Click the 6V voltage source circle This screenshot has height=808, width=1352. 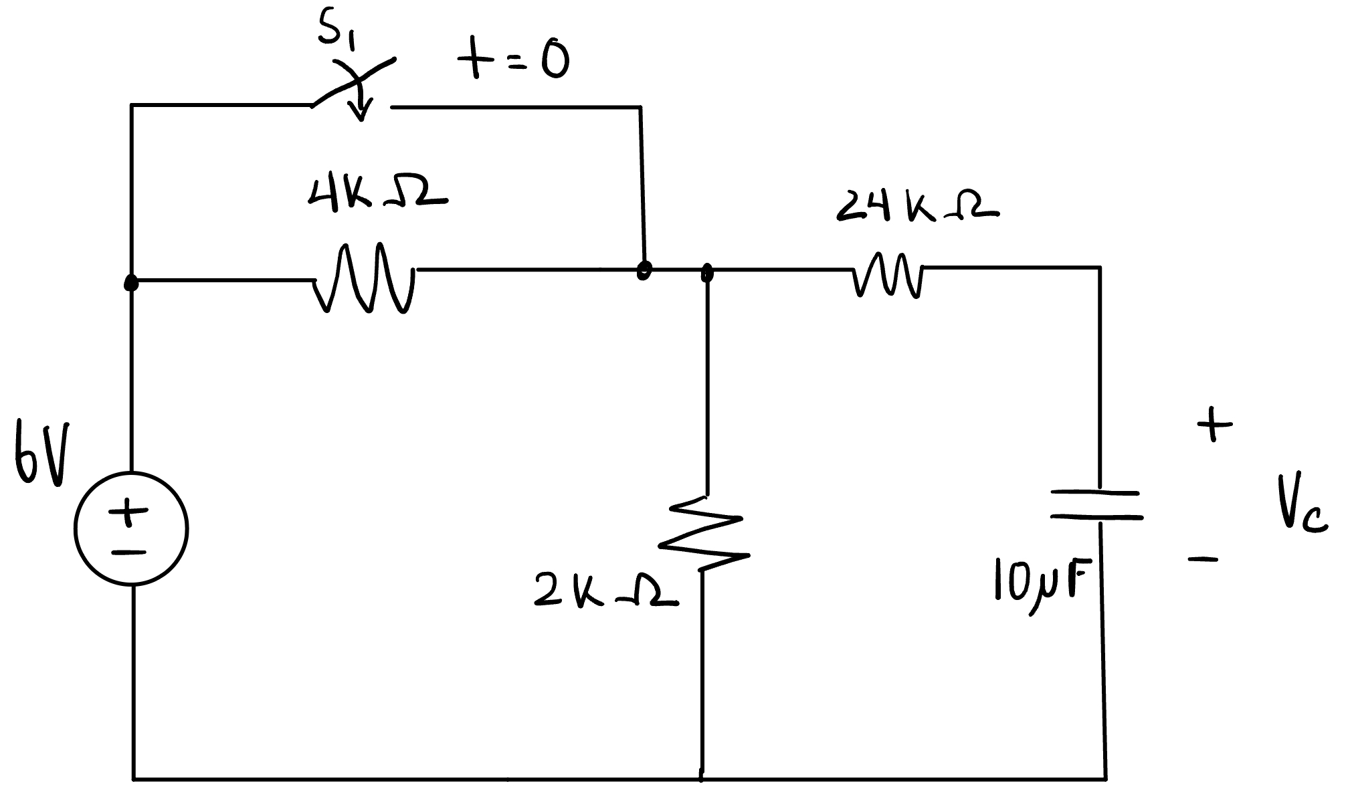click(x=131, y=528)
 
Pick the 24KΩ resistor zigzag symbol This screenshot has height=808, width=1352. click(x=888, y=274)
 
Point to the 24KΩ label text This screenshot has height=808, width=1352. click(x=916, y=206)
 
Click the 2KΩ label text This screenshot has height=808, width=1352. click(x=605, y=592)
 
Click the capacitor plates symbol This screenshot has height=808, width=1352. click(x=1096, y=505)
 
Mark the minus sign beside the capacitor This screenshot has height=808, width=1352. click(x=1203, y=559)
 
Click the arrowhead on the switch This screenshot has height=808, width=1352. click(x=361, y=112)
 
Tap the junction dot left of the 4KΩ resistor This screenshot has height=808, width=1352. click(x=132, y=284)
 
